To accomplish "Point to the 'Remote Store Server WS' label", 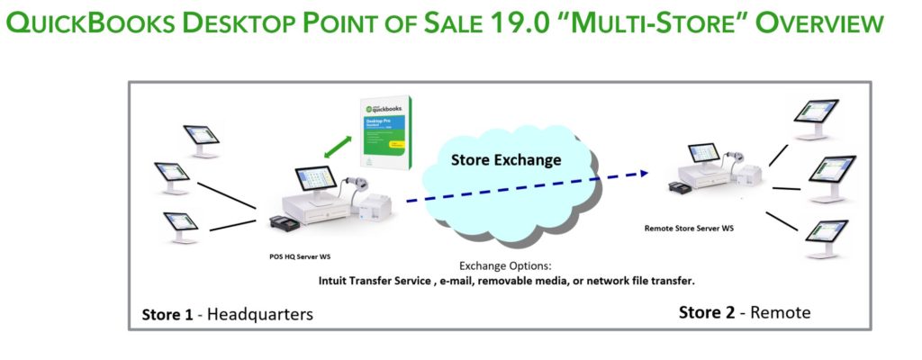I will coord(689,229).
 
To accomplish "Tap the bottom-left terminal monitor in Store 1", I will coord(180,223).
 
